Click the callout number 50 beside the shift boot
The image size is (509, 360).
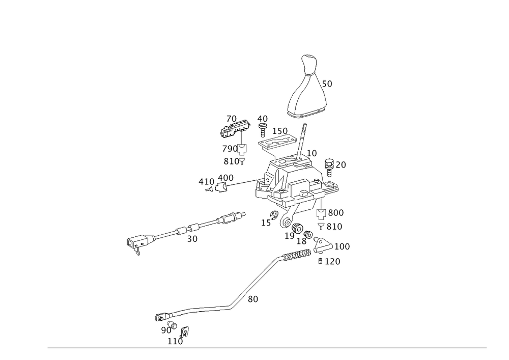[x=328, y=85]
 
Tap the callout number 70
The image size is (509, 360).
[x=232, y=119]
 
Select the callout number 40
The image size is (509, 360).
[x=263, y=119]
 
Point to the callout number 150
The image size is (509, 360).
[x=279, y=131]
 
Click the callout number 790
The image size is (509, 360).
[x=230, y=149]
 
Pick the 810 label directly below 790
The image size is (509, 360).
[x=231, y=161]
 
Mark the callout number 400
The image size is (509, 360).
[x=226, y=178]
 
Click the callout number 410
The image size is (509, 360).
[x=206, y=182]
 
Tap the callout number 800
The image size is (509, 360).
[x=336, y=212]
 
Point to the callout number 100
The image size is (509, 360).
[x=342, y=246]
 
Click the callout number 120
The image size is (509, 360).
[x=332, y=262]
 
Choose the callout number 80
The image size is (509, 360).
[x=253, y=300]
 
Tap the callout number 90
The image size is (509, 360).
[x=166, y=330]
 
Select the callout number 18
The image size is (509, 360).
[x=301, y=241]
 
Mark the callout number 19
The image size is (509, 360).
[x=289, y=235]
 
